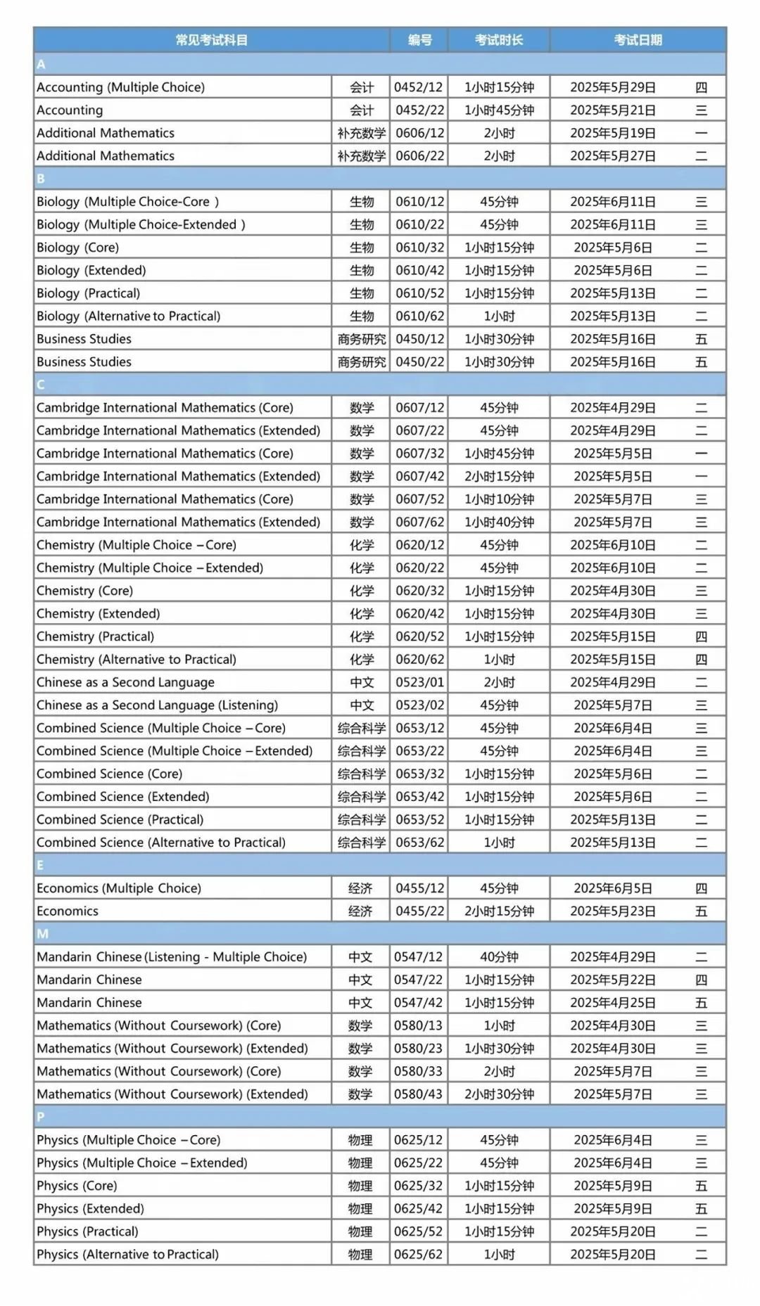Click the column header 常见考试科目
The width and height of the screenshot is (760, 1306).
[x=211, y=40]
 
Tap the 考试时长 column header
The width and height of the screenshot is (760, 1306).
[x=499, y=40]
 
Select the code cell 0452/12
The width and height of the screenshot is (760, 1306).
[x=419, y=87]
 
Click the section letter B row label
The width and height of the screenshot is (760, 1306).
[x=41, y=179]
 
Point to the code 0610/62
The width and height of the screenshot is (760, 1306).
[x=419, y=316]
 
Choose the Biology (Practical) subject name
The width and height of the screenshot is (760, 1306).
[x=89, y=293]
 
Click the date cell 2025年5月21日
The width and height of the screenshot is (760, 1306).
[x=612, y=110]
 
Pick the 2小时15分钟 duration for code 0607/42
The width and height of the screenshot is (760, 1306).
[x=499, y=477]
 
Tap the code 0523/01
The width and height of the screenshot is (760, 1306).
[x=419, y=683]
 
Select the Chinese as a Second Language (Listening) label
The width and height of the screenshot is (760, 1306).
[x=157, y=705]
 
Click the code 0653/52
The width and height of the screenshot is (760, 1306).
[x=419, y=820]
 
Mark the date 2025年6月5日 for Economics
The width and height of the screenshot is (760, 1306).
[x=612, y=889]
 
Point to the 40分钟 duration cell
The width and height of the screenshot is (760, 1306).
[x=499, y=957]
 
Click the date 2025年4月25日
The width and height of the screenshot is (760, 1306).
[x=612, y=1003]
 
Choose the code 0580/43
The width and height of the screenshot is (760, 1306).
[x=418, y=1094]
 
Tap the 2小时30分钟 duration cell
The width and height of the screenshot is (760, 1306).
[x=499, y=1094]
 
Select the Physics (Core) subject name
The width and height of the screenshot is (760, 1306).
[x=77, y=1186]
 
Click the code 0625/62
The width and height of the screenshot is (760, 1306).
[x=418, y=1255]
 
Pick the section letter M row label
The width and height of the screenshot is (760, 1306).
[x=42, y=934]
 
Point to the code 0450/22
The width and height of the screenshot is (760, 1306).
[x=419, y=362]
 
